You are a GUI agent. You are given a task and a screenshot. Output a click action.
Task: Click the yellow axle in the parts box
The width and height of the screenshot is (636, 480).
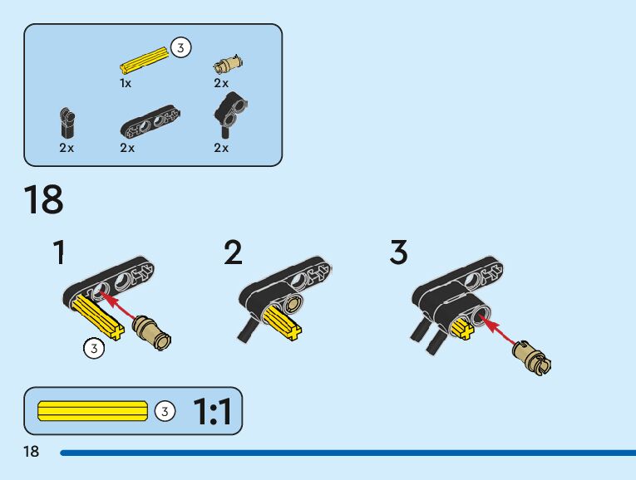click(x=145, y=61)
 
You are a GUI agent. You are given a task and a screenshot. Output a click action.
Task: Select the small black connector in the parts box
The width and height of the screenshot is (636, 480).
click(x=67, y=122)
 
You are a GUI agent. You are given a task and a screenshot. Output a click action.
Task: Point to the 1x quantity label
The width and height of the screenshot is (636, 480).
click(x=126, y=84)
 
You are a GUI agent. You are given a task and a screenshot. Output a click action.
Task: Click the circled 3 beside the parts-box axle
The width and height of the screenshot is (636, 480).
click(x=180, y=48)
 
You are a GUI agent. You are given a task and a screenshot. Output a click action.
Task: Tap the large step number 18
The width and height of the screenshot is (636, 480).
click(x=43, y=201)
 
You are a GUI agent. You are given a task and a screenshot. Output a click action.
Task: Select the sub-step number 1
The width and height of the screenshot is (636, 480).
click(x=58, y=252)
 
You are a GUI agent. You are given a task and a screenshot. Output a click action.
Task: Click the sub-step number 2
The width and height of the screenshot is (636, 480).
click(x=234, y=252)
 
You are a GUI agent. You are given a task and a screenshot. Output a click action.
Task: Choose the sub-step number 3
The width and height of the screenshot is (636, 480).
click(x=399, y=252)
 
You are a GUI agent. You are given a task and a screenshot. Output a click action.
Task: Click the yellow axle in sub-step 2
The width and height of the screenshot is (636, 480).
click(x=282, y=321)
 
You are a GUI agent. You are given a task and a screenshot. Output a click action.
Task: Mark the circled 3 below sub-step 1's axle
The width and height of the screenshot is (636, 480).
click(x=94, y=348)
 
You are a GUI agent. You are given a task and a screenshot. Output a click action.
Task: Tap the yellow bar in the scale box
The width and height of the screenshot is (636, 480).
click(x=92, y=410)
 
